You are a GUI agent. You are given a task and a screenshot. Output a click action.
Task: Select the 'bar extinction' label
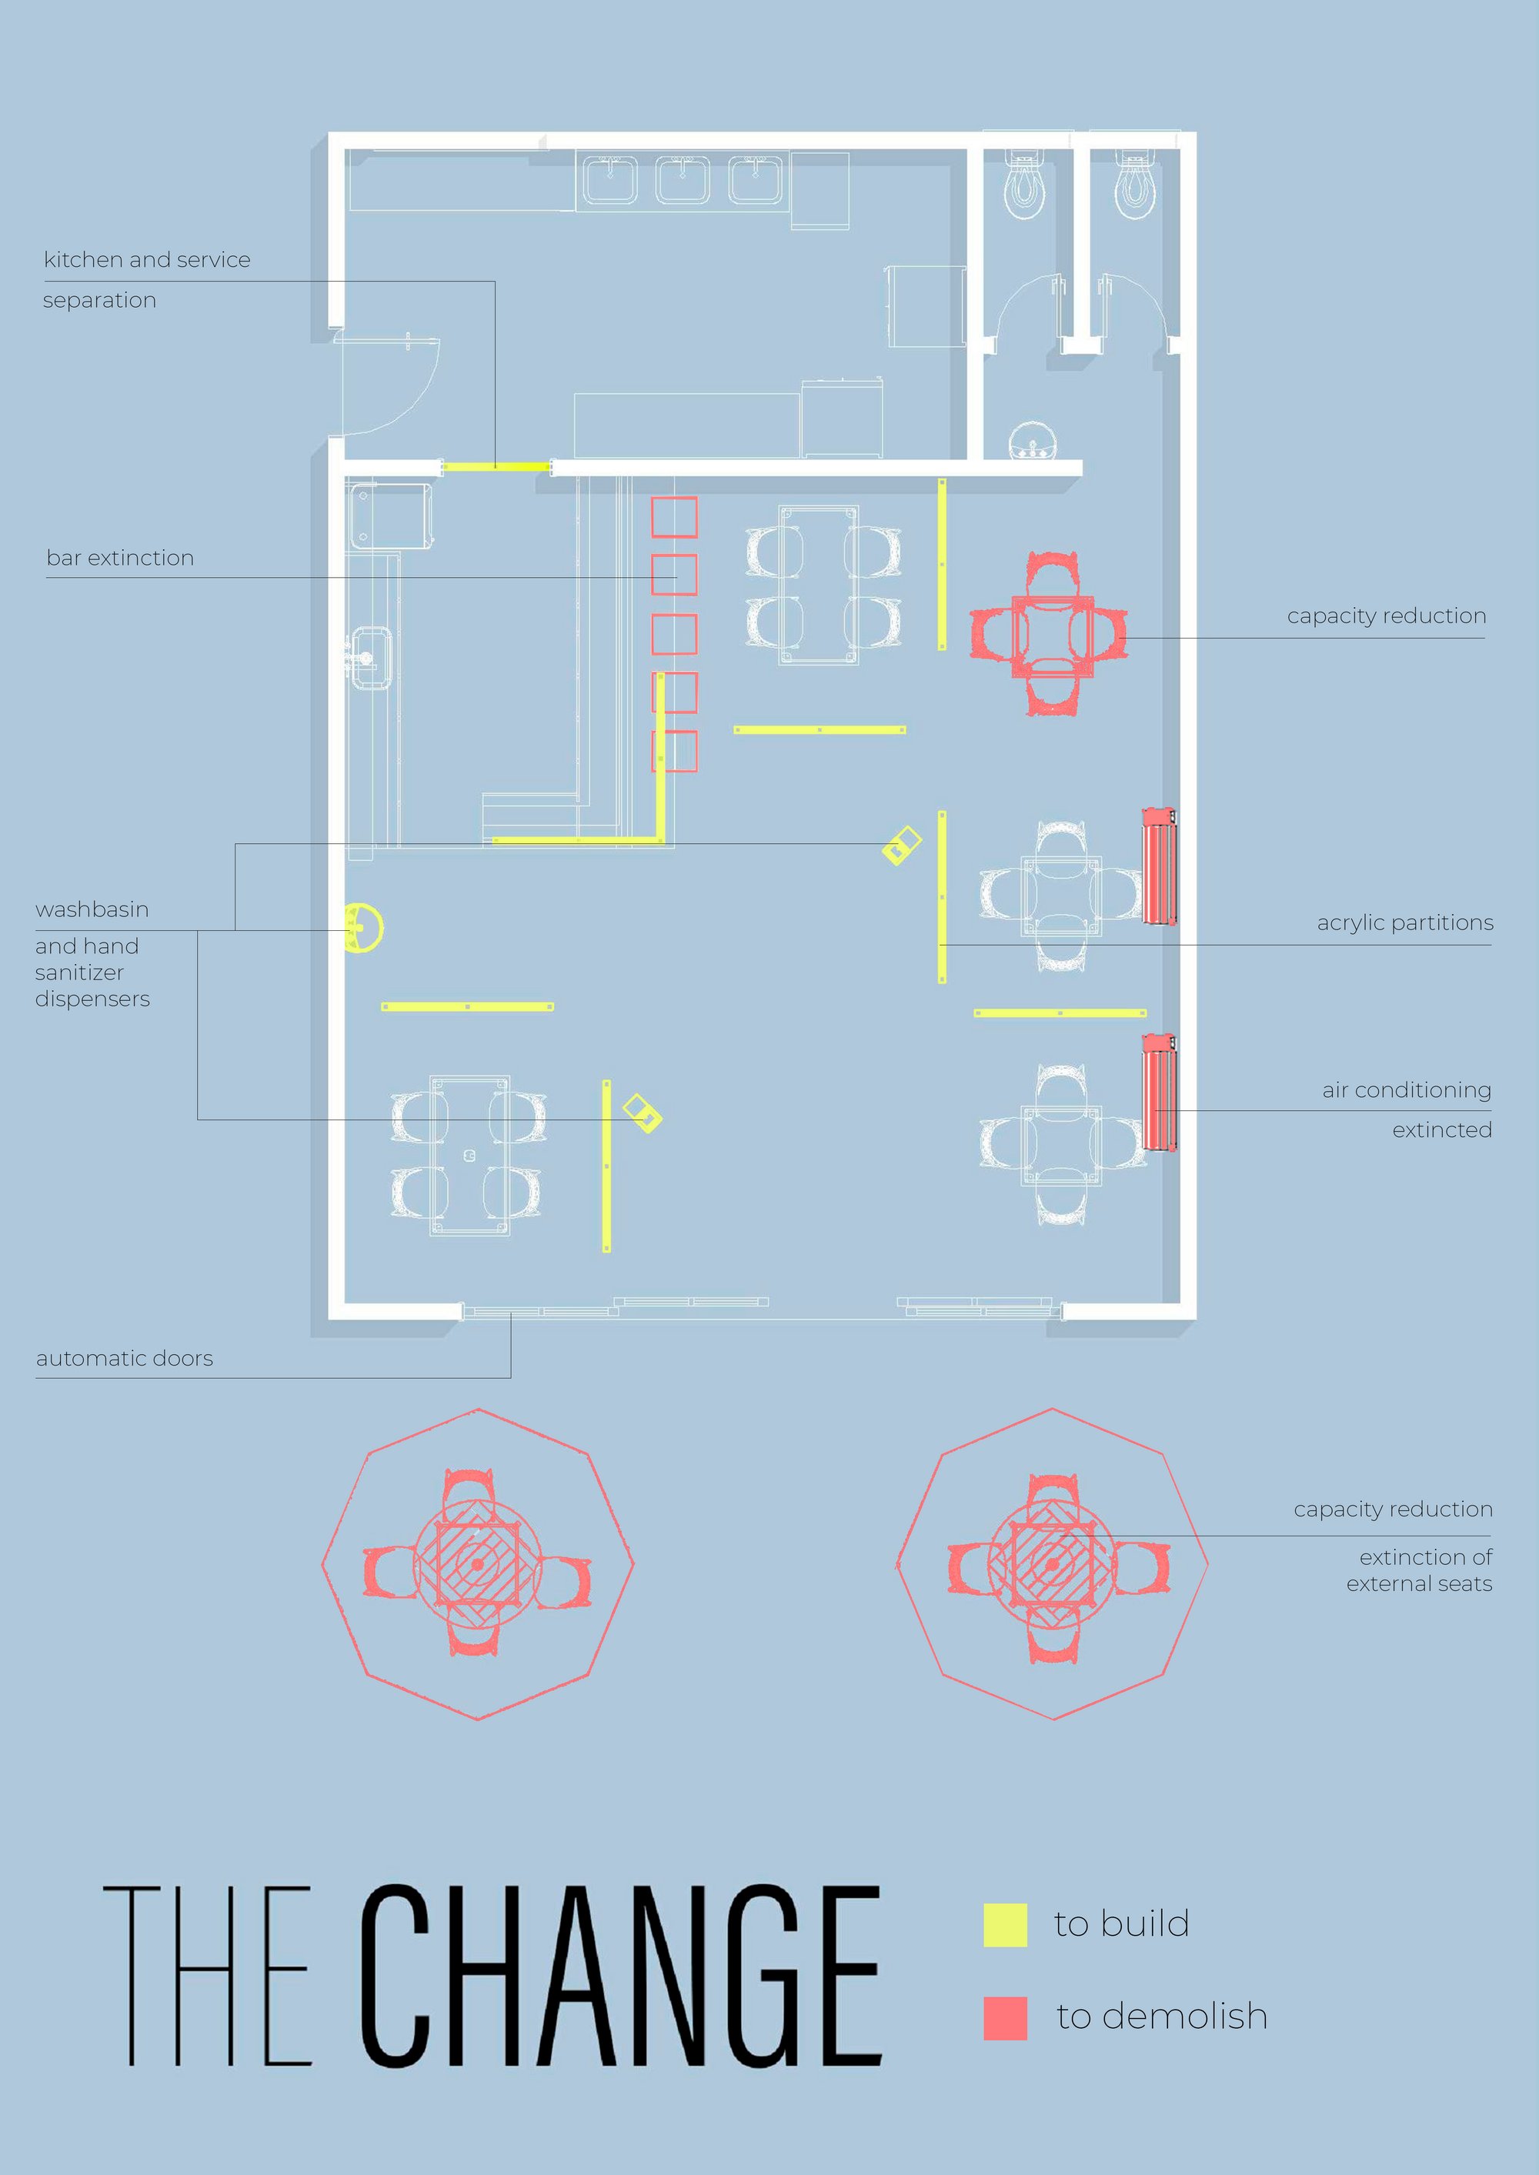pos(120,558)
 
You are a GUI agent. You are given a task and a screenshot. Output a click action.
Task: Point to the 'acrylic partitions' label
pos(1404,922)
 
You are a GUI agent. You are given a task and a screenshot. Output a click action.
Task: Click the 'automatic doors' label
pos(124,1359)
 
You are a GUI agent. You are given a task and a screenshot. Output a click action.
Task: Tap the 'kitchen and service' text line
pos(147,259)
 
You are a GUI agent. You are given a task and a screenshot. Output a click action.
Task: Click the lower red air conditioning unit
pos(1159,1093)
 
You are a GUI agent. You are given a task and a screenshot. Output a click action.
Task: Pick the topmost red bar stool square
pos(674,517)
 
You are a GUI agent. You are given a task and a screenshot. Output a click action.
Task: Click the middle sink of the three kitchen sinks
pos(683,180)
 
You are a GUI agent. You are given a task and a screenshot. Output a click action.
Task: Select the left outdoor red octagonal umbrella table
pos(478,1564)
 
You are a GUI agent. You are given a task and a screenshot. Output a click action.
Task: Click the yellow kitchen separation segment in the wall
pos(496,466)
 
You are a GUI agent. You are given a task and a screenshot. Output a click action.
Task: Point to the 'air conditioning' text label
pos(1407,1090)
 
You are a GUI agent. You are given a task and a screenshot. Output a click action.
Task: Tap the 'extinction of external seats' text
pos(1419,1570)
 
